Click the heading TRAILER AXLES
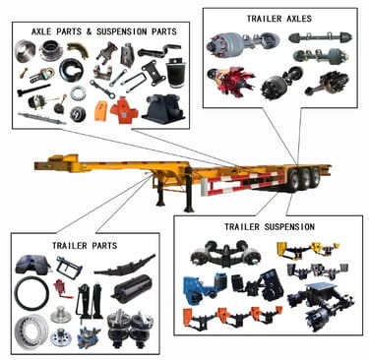click(x=279, y=19)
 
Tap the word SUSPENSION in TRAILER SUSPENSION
click(x=289, y=226)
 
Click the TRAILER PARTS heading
click(x=85, y=245)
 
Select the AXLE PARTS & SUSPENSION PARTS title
click(x=104, y=31)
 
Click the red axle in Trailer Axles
click(x=231, y=81)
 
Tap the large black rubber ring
click(x=31, y=293)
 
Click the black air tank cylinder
click(x=133, y=291)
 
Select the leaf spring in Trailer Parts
click(x=125, y=267)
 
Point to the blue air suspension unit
click(x=200, y=288)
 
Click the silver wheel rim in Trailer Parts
click(x=31, y=331)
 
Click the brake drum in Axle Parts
click(x=26, y=50)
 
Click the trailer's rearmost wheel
click(x=316, y=176)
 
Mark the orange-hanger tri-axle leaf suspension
click(x=232, y=318)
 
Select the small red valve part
click(x=61, y=287)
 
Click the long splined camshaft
click(x=41, y=118)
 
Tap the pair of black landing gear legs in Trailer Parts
click(x=90, y=301)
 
